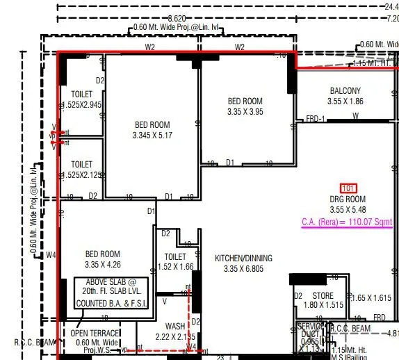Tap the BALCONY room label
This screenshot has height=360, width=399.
[x=345, y=91]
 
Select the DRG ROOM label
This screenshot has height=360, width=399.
[x=348, y=199]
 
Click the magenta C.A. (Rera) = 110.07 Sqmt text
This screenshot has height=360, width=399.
[x=347, y=222]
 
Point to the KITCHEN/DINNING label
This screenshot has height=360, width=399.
[x=243, y=259]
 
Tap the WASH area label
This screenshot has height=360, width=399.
[x=174, y=326]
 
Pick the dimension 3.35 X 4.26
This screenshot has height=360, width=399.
[x=102, y=265]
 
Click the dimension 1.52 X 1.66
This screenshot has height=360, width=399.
[x=175, y=266]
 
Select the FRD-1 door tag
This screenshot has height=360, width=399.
[x=316, y=119]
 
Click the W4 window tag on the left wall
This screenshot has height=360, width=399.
[x=51, y=255]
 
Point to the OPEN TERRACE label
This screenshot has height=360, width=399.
[x=95, y=333]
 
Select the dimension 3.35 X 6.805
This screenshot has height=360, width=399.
[x=243, y=269]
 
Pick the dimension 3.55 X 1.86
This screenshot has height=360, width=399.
[x=345, y=101]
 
